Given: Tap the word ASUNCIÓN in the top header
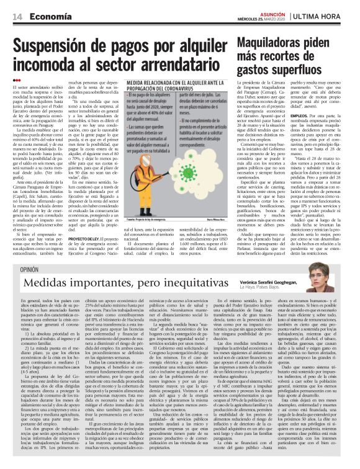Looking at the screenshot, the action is coord(274,11).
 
